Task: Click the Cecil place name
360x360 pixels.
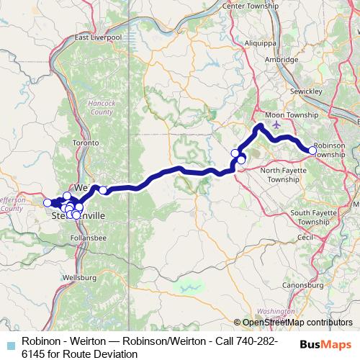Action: (x=306, y=236)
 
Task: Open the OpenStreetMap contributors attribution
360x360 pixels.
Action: (x=297, y=322)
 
